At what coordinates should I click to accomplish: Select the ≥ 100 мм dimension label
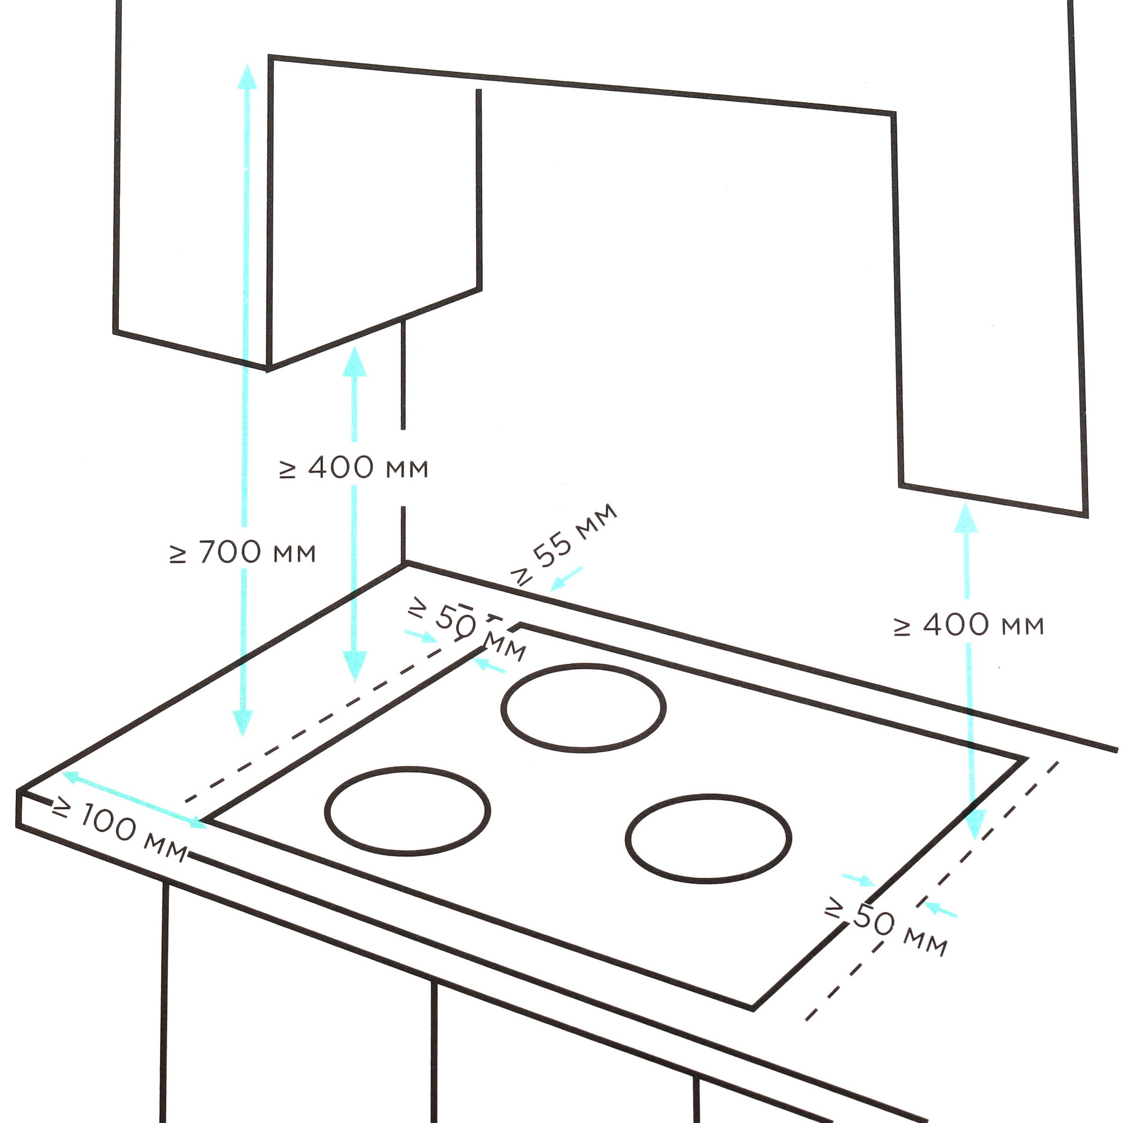pos(120,829)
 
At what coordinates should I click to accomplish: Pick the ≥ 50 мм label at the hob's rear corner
pos(467,629)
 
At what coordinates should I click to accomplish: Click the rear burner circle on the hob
pos(583,708)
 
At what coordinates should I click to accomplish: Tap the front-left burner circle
pos(408,811)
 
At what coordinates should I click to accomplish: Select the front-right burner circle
pos(709,839)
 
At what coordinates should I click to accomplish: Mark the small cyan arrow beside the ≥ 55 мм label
pos(566,579)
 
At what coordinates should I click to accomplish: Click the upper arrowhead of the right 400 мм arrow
pos(965,518)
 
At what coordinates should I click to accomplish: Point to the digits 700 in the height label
pos(229,553)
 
